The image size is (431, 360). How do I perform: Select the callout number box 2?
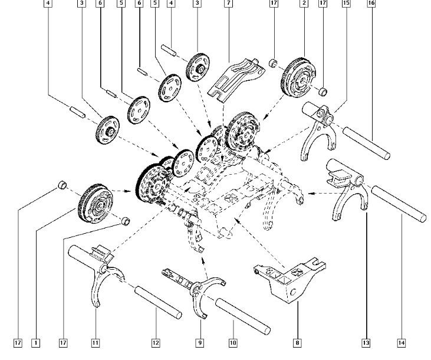(x=304, y=4)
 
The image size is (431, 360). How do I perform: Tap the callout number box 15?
(x=346, y=4)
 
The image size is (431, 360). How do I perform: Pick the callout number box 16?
(x=371, y=4)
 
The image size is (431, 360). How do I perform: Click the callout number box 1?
(x=36, y=342)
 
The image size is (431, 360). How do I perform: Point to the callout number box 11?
(x=96, y=342)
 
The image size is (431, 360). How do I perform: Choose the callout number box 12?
(x=156, y=342)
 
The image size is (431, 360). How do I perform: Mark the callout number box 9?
(x=200, y=342)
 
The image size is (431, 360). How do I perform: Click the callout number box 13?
(x=366, y=342)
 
